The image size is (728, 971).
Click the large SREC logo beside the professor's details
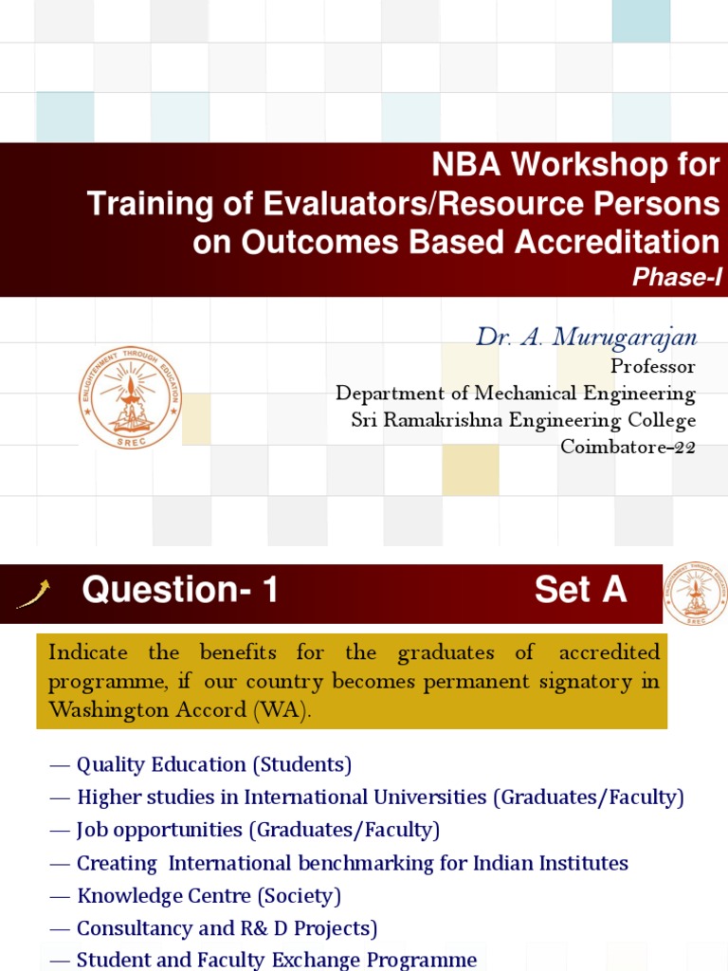pos(130,396)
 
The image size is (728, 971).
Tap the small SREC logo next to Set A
pos(696,593)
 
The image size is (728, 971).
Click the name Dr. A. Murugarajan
pos(586,338)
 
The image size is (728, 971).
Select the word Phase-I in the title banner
pos(677,277)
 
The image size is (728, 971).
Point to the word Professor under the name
pos(652,366)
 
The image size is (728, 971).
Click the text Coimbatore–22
pos(628,447)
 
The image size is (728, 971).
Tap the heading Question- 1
pos(180,591)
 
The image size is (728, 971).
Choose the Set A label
pos(580,591)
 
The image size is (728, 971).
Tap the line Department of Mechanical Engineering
pos(516,393)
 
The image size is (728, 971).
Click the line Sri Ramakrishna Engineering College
pos(523,420)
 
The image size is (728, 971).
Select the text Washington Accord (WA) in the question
pos(179,711)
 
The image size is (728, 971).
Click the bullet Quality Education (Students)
pos(213,764)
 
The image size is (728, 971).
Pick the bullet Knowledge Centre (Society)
pos(209,895)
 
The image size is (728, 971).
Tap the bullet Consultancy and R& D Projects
pos(227,928)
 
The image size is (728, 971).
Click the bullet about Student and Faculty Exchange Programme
pos(276,960)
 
